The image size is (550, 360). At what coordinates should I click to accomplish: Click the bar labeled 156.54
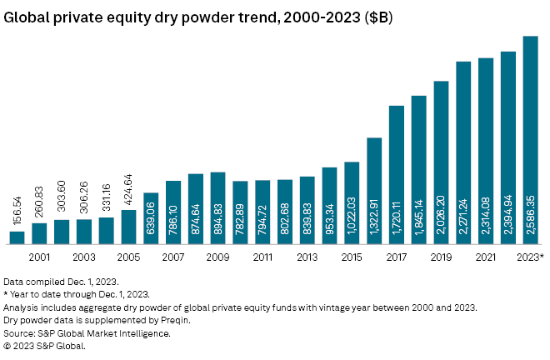17,237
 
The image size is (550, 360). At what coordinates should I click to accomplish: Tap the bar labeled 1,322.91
374,191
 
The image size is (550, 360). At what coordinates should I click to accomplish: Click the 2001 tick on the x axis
39,257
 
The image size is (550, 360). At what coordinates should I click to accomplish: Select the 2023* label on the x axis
530,257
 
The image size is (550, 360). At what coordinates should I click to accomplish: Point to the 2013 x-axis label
307,257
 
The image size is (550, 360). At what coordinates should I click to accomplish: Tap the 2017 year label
397,257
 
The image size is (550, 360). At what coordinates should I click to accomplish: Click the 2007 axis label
173,257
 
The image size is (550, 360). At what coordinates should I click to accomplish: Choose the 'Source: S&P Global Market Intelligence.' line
87,332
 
